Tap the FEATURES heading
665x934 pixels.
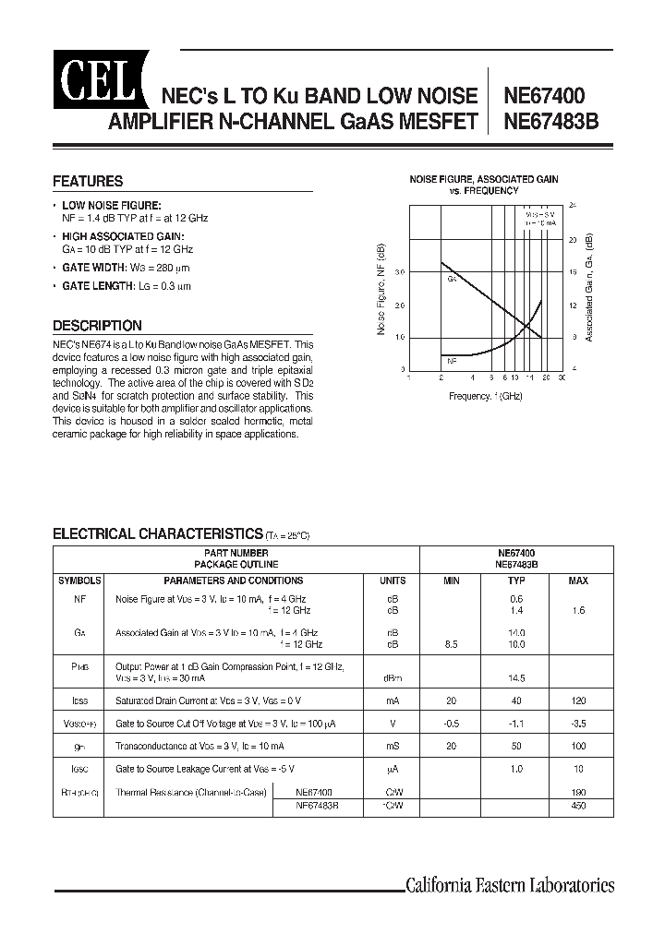click(88, 182)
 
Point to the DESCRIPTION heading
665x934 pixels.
click(97, 326)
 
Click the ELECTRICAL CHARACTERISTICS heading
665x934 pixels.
click(158, 533)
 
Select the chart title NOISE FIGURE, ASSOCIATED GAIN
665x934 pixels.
click(484, 179)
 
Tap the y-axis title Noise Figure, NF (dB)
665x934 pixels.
click(381, 289)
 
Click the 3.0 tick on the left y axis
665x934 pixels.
click(400, 272)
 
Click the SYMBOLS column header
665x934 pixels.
click(81, 581)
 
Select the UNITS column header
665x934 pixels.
click(393, 581)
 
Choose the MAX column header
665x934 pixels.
click(578, 581)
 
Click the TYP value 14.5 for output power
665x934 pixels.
click(516, 678)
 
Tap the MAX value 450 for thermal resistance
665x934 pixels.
click(579, 806)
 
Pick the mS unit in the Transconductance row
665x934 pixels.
click(393, 745)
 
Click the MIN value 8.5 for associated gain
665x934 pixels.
click(452, 644)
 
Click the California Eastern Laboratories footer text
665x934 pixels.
click(510, 886)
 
